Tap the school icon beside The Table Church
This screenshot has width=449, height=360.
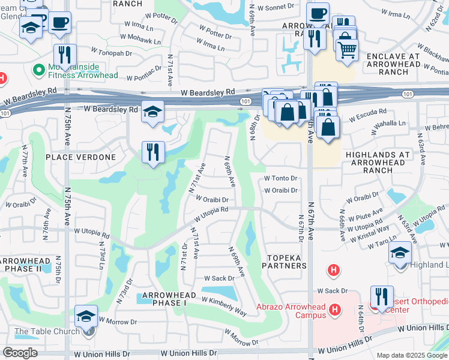[x=86, y=316]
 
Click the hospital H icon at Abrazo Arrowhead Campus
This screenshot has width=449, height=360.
[x=335, y=309]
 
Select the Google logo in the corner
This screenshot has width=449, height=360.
[x=20, y=352]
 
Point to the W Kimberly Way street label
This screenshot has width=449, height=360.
[x=224, y=306]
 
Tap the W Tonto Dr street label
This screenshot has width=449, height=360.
[x=282, y=178]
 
